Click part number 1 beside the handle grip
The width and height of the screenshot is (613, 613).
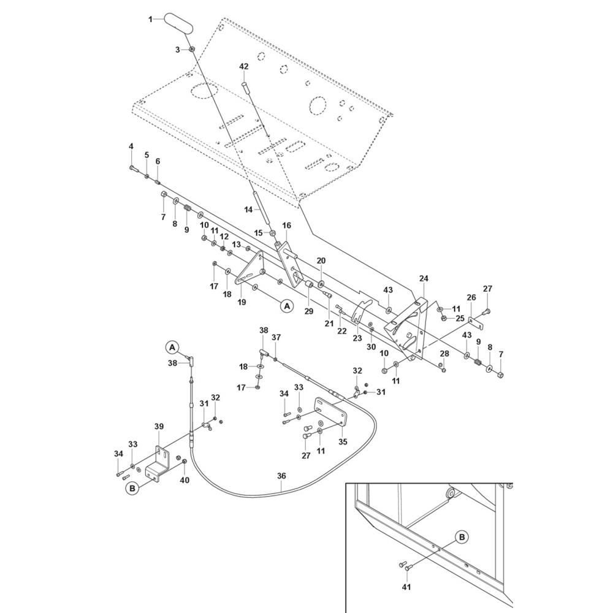click(150, 20)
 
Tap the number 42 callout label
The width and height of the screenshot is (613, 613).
click(244, 66)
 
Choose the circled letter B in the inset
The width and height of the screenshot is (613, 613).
click(463, 537)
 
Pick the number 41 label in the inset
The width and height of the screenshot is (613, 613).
click(406, 587)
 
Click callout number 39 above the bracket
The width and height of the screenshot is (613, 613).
click(159, 427)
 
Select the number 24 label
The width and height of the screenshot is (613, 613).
click(424, 279)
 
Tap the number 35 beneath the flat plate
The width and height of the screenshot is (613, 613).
click(343, 441)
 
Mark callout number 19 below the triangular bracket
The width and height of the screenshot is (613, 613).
click(242, 302)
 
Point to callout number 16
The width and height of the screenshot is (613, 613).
click(286, 226)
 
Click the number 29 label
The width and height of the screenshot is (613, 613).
click(309, 311)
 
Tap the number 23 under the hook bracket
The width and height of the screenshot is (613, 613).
click(357, 337)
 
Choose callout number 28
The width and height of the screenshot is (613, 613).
click(444, 354)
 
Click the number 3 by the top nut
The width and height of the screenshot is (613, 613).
click(177, 49)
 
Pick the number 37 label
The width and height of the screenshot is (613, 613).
click(276, 338)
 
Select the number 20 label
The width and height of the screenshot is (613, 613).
click(321, 261)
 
